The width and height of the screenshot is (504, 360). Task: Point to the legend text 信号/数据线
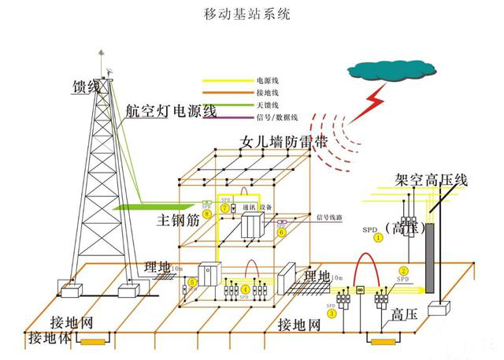(x=276, y=117)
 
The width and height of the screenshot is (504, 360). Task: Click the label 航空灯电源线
(x=170, y=110)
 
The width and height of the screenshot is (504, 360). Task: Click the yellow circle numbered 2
(x=403, y=271)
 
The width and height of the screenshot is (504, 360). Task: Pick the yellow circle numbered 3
(x=332, y=313)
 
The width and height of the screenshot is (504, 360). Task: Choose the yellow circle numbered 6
(x=281, y=233)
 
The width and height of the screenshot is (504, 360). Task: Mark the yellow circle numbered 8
(x=206, y=213)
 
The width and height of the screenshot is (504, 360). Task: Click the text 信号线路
(x=331, y=217)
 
